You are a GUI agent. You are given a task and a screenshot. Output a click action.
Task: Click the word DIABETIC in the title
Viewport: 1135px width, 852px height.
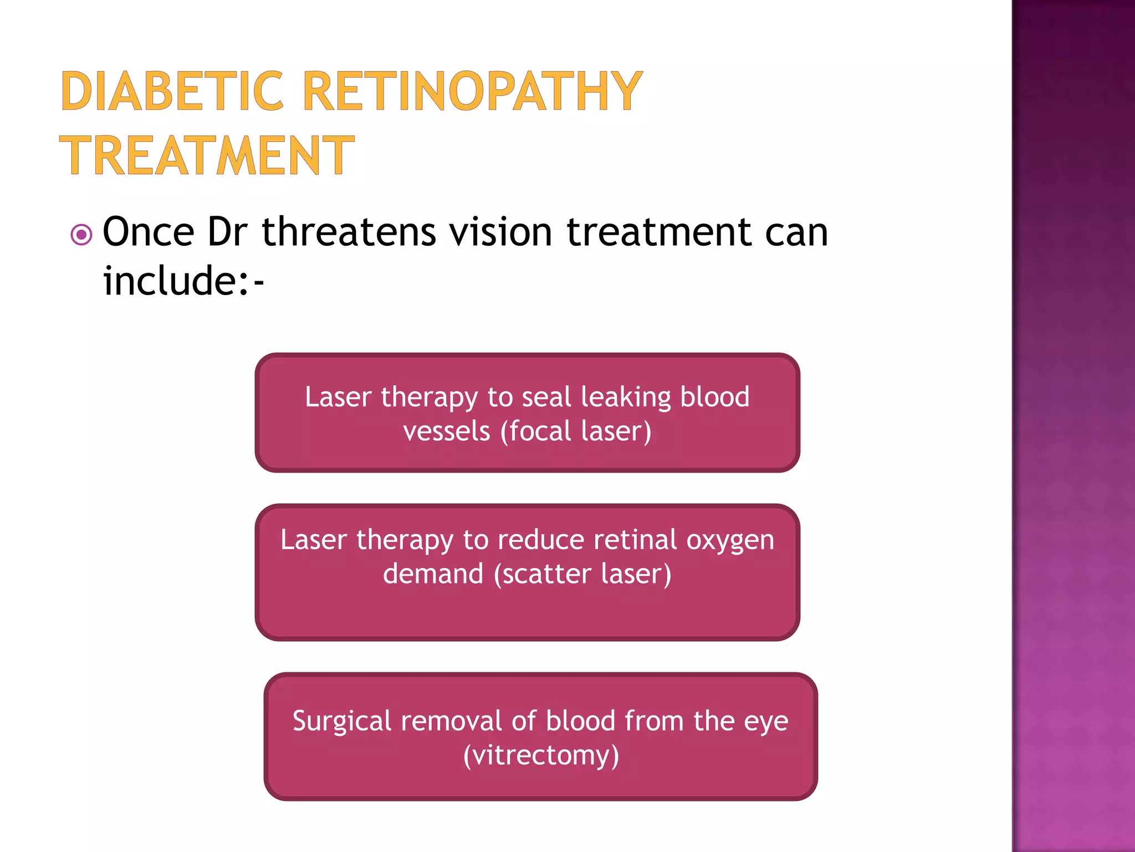172,92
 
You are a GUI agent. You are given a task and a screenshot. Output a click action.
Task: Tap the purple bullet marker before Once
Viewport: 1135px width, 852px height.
81,235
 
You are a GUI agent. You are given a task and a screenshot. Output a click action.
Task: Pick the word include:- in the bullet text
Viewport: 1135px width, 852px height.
183,281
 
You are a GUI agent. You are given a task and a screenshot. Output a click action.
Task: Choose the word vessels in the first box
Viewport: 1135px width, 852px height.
447,432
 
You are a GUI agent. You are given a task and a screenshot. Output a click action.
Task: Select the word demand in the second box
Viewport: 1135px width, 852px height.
433,574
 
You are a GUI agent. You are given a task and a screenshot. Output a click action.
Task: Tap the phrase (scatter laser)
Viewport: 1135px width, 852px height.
582,574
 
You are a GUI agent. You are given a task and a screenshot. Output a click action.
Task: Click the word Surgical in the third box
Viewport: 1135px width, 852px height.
342,722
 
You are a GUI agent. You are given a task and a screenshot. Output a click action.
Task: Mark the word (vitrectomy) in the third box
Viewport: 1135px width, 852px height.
541,755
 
